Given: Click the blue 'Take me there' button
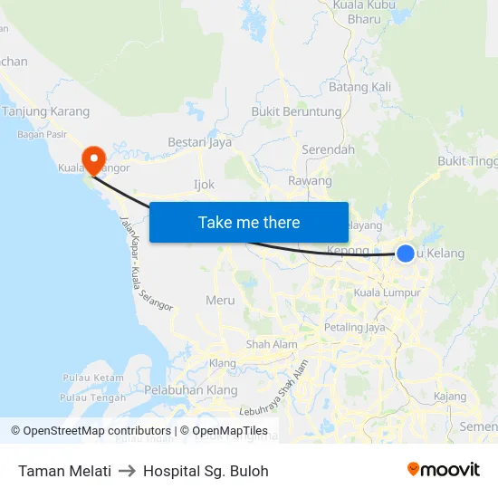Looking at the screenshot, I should (249, 222).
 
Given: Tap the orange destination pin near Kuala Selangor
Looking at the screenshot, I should (92, 158).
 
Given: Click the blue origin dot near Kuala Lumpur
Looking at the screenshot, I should (406, 254).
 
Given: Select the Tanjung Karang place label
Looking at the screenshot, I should (46, 111).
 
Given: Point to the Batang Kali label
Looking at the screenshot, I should (359, 87).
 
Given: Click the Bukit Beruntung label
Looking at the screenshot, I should (296, 112).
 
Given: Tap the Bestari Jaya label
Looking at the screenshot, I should (199, 142).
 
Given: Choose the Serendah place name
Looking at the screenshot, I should (328, 149).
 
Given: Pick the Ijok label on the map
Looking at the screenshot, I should (204, 184).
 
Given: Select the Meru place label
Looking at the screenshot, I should (220, 300).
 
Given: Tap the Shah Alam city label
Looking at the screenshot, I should (272, 344).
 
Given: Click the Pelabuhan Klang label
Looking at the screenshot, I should (191, 390).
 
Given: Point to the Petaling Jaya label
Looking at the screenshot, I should (355, 327).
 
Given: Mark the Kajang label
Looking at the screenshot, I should (450, 397).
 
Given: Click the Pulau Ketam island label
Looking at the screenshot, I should (93, 377).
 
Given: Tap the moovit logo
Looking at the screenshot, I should (444, 470).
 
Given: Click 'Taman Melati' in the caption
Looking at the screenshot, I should (64, 471).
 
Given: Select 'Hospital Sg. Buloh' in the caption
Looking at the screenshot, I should (206, 471).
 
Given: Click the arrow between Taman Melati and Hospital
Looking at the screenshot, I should (127, 471).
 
